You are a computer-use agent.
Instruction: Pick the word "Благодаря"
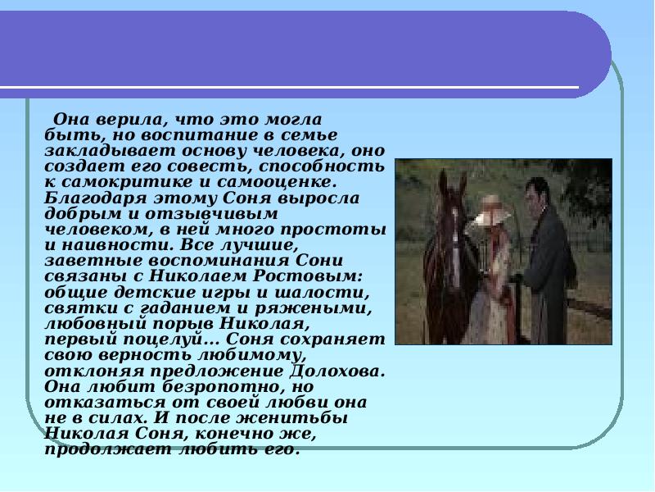pos(83,197)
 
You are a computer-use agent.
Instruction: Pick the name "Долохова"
pos(332,369)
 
